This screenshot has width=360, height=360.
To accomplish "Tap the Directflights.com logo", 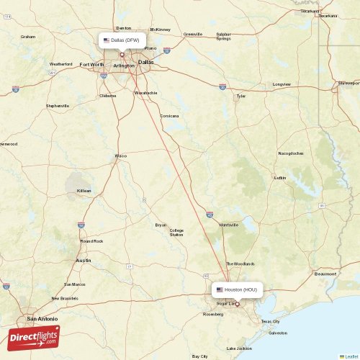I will (x=35, y=337).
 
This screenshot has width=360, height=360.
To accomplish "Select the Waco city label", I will (x=121, y=156).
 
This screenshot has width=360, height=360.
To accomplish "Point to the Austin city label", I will (x=84, y=260).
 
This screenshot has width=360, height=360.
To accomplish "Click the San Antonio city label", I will (x=41, y=318).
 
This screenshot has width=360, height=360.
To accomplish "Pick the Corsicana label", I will (x=169, y=116).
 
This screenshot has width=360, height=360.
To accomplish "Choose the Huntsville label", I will (x=229, y=225).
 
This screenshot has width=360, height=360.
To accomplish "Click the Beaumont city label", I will (x=326, y=274).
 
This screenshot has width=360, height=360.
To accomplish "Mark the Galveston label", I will (x=277, y=333).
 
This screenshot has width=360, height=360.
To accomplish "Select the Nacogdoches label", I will (x=291, y=153).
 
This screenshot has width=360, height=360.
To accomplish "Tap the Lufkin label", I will (x=281, y=177).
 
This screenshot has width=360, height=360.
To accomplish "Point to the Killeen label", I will (x=84, y=191).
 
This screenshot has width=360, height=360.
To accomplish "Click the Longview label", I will (x=282, y=84).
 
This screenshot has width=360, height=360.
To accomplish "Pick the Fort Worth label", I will (x=91, y=64).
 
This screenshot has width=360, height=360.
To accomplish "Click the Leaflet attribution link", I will (x=349, y=356).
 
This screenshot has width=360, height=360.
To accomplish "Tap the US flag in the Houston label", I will (x=220, y=289).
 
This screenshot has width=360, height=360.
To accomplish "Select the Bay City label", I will (x=199, y=356).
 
